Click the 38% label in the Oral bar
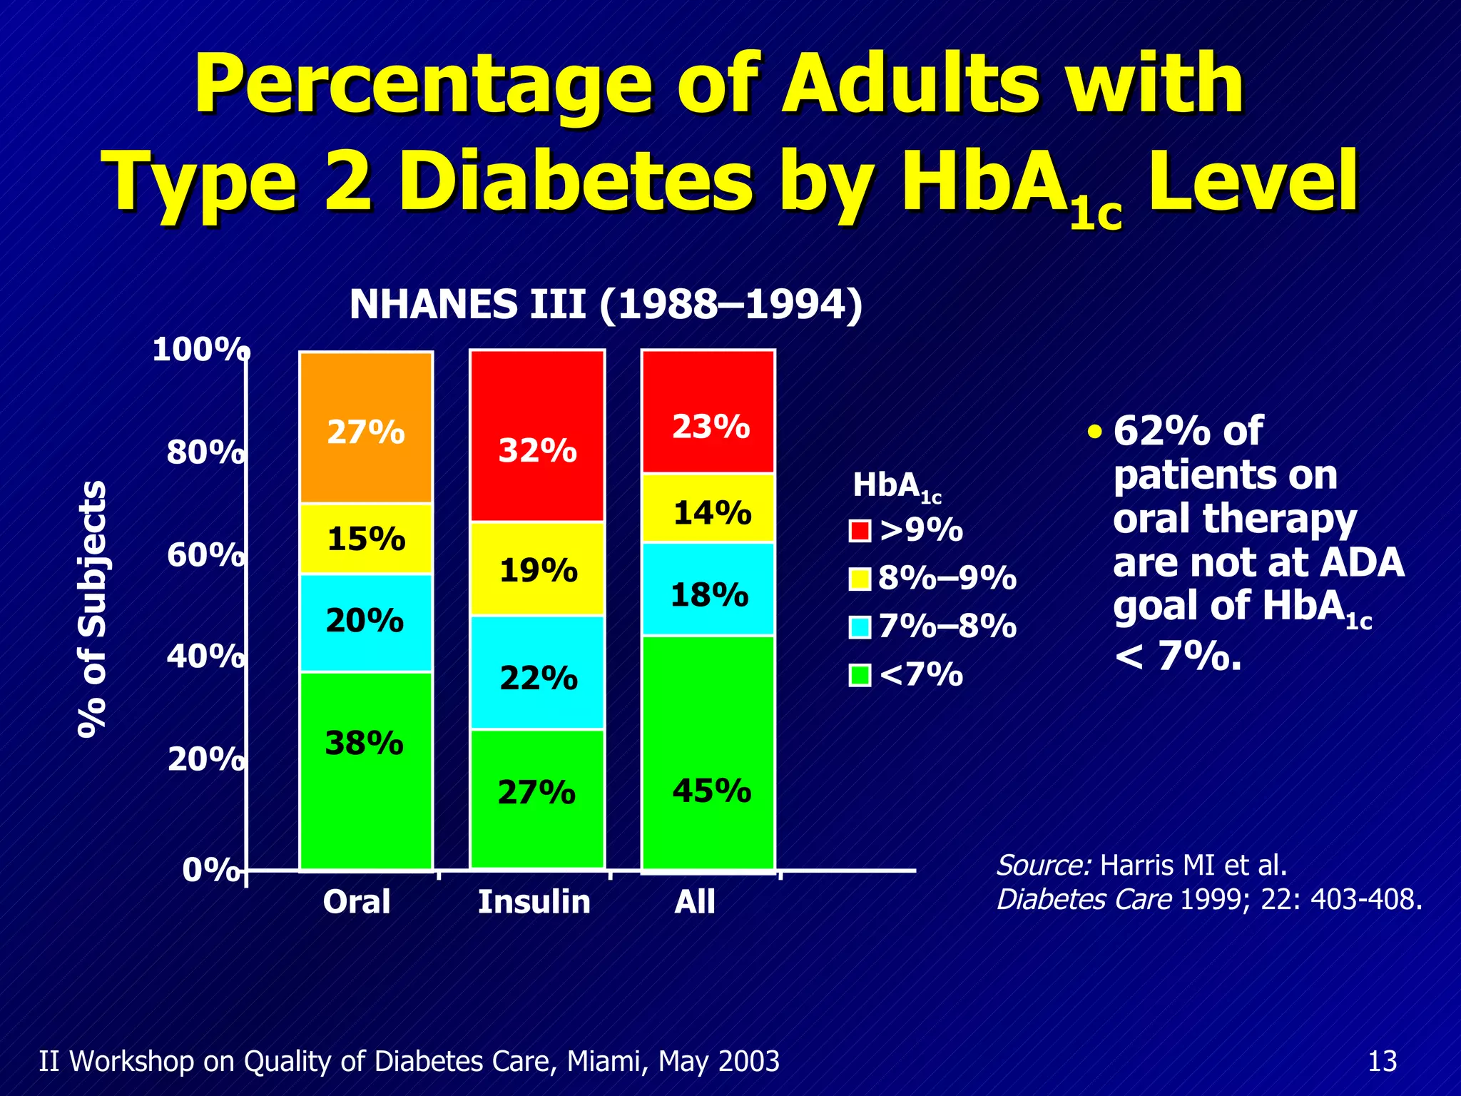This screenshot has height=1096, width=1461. [365, 744]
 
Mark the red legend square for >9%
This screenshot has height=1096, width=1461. [860, 531]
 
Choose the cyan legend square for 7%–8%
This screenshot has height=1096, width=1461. [860, 627]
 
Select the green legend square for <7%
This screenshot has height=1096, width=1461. [860, 675]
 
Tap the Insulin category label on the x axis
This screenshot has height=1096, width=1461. [534, 902]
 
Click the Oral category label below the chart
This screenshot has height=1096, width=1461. [357, 902]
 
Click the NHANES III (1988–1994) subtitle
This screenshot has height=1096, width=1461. [606, 305]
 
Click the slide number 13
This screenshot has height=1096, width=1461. [1383, 1061]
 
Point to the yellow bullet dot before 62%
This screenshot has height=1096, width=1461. [1095, 432]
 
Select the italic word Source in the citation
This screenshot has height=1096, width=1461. [1043, 866]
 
